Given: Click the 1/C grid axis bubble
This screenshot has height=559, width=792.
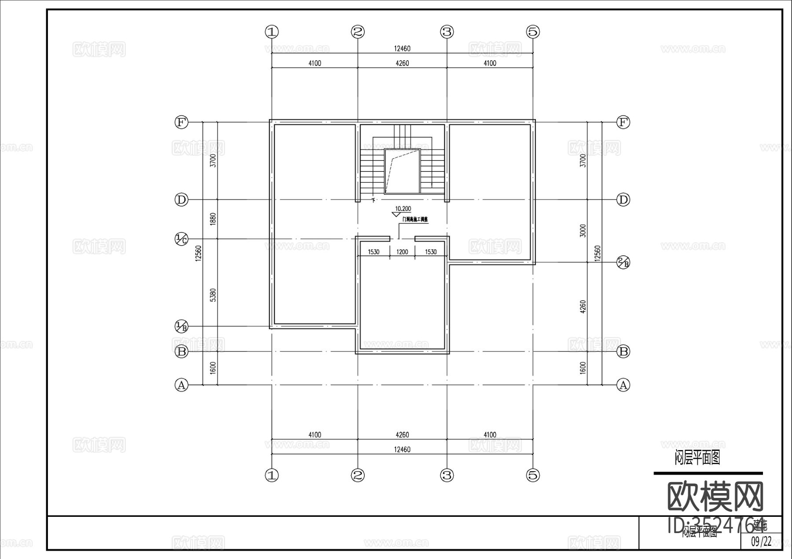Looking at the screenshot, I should point(181,239).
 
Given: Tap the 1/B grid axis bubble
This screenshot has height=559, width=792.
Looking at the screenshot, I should point(181,327).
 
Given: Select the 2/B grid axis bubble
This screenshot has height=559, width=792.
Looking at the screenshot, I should point(623,263).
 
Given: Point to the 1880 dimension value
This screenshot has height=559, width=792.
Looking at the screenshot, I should point(213,219).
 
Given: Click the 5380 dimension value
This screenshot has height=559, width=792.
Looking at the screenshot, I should point(213,295).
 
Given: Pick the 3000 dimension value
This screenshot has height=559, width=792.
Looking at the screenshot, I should point(583,231).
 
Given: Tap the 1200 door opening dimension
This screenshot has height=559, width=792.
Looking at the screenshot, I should point(402,252).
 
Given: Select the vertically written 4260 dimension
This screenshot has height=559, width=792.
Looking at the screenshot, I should point(583,307).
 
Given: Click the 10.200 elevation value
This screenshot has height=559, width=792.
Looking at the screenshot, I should point(403,209).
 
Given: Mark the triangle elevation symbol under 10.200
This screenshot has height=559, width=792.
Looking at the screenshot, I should point(395,215).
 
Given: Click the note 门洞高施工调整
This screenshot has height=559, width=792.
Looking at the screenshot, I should point(414,219).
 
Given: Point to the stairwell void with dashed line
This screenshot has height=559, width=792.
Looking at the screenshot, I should point(402,171).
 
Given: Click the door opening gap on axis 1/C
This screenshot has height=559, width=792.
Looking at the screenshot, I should point(402,239).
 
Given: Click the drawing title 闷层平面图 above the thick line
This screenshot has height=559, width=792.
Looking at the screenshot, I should point(697,458).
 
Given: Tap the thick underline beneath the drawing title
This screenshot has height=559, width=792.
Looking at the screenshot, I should point(708,473).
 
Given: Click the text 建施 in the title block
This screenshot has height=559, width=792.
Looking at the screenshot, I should point(760,524).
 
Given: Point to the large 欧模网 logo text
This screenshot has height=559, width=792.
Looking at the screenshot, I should point(715,496).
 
